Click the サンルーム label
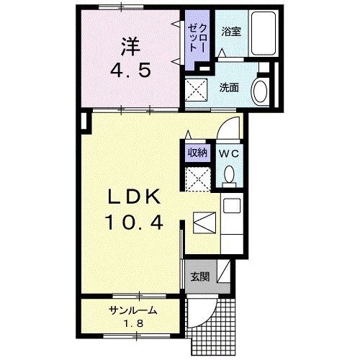pos(133,311)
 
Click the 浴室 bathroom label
pos(230,32)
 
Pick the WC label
pos(229,153)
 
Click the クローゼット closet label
pos(197,35)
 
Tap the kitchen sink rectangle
pos(232,206)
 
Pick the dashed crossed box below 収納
pos(198,178)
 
